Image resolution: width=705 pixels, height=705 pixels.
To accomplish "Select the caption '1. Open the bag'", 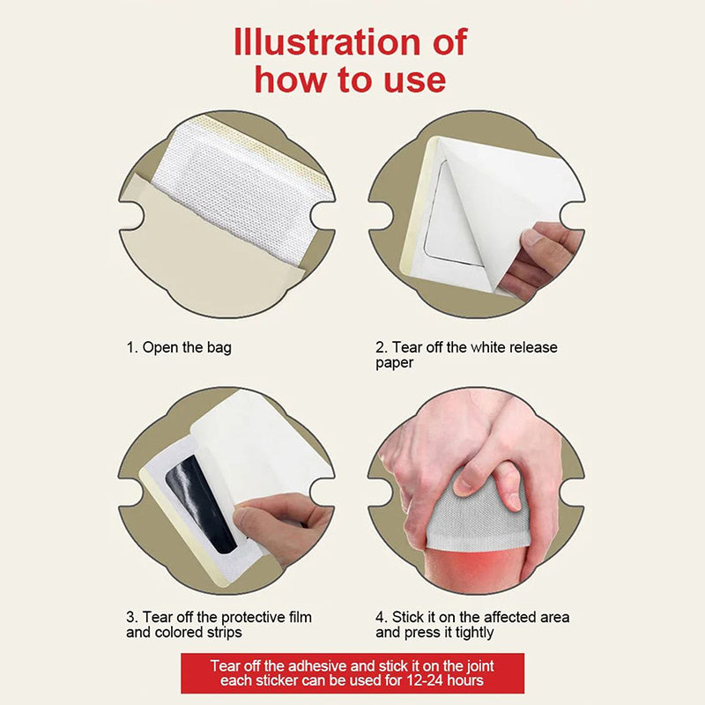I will (179, 347).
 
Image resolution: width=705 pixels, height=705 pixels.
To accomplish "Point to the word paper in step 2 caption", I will (394, 363).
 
